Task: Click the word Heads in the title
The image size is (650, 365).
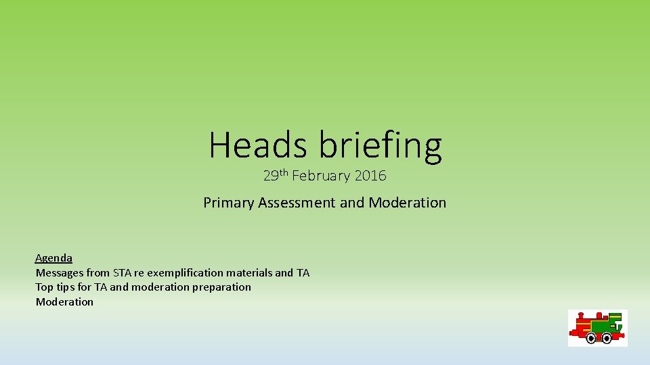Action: point(258,145)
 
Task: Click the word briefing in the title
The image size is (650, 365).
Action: point(380,146)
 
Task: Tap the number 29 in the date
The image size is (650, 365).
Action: point(271,176)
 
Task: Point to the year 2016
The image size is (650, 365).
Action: point(370,176)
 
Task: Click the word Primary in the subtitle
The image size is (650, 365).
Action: point(228,203)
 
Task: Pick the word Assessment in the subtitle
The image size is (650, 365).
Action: point(297,202)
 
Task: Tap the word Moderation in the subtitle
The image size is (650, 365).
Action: point(407,202)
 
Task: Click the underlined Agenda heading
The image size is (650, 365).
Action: point(53,258)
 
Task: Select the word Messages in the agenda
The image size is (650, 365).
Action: point(60,273)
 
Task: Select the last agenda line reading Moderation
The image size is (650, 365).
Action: point(64,301)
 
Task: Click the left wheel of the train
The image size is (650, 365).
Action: point(591,338)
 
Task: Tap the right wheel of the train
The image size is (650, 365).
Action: point(607,338)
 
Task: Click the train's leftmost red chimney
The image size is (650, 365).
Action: point(581,316)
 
